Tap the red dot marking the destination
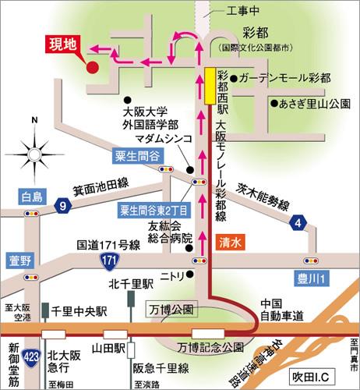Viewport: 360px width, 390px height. [x=92, y=67]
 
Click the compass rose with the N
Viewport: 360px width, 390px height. [x=34, y=148]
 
